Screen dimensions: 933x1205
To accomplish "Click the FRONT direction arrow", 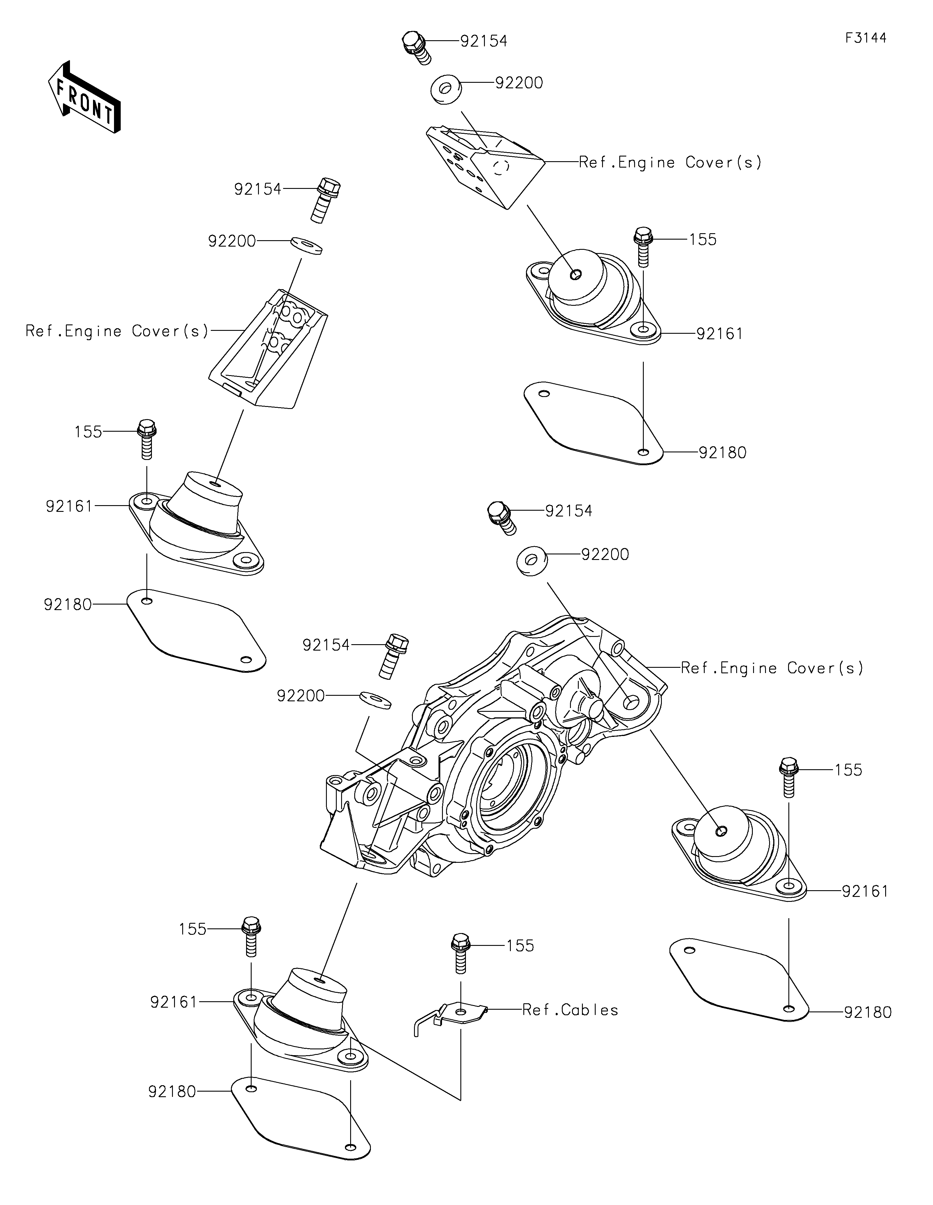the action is click(x=84, y=96).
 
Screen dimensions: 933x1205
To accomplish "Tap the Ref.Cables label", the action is click(x=570, y=1010).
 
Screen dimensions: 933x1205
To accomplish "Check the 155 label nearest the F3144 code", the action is click(x=702, y=240).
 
